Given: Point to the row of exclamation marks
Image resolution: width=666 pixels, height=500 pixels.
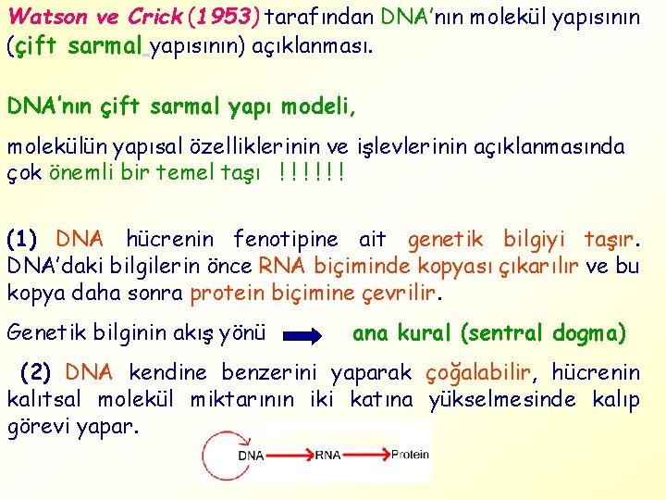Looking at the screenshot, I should coord(311,172).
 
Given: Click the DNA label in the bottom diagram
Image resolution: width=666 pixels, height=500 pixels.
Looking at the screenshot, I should coord(251,456).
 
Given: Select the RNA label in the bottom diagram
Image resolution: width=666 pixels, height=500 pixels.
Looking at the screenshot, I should coord(328,456).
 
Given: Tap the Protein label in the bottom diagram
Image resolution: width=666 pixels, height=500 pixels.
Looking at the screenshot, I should coord(410,455).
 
